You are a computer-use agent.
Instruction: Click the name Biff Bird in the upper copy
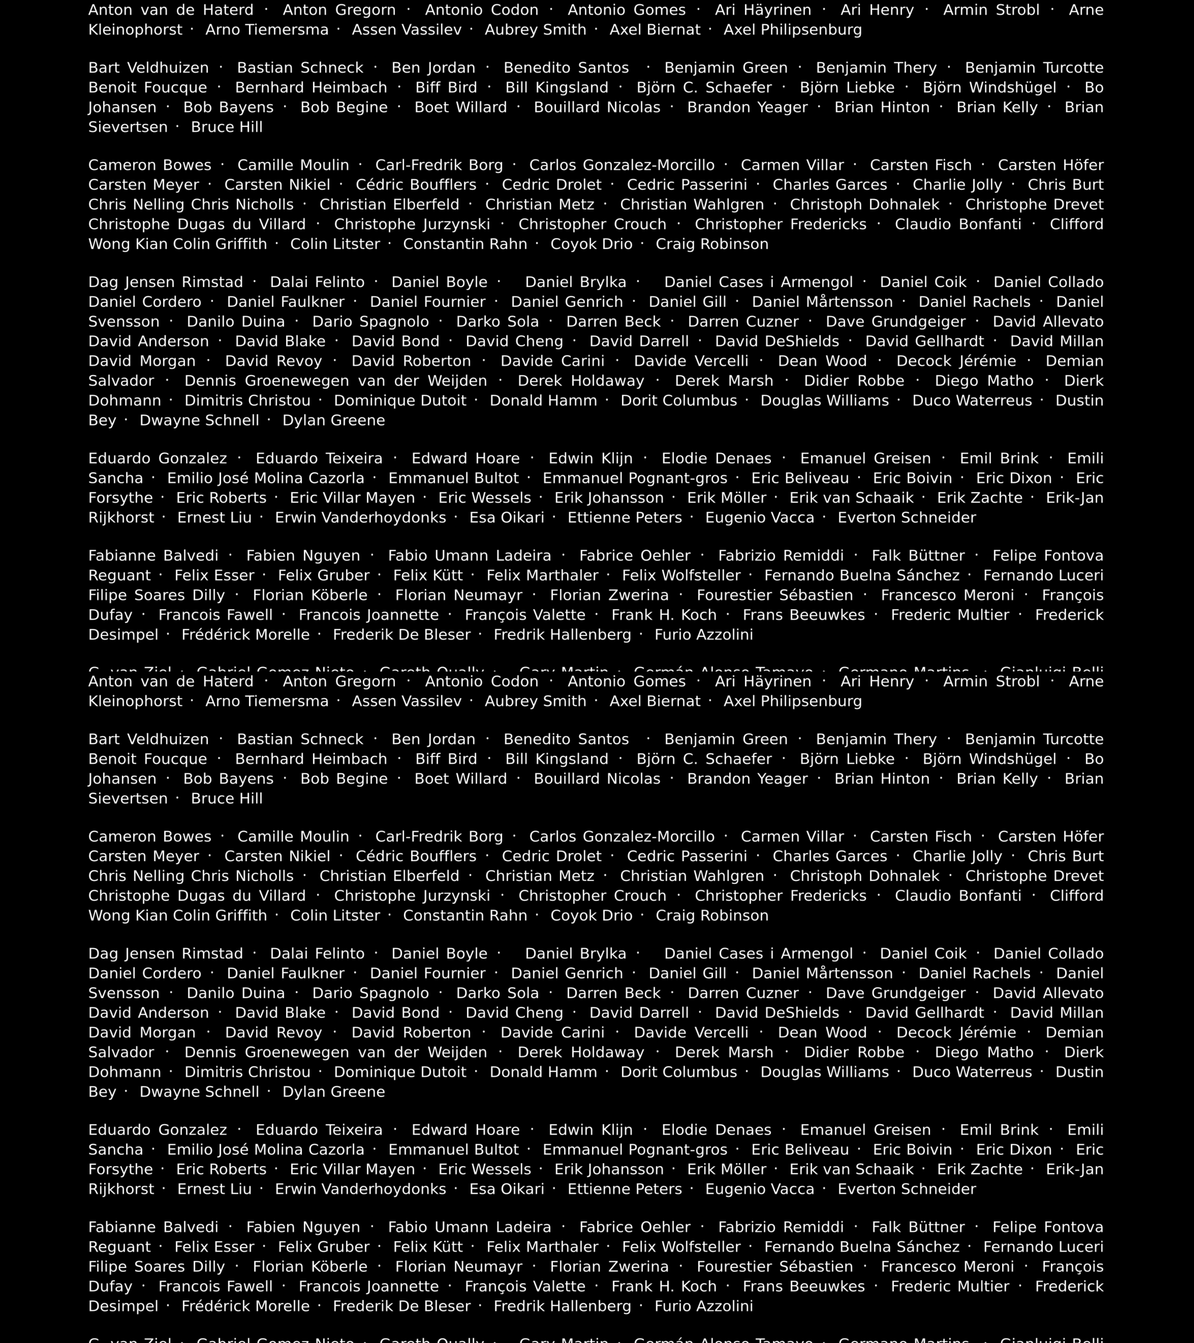pos(446,88)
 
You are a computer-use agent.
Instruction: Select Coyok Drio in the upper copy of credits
pos(591,244)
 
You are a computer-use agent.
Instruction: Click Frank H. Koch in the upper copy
pos(664,615)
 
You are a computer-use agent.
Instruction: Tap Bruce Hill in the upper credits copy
pos(227,127)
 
